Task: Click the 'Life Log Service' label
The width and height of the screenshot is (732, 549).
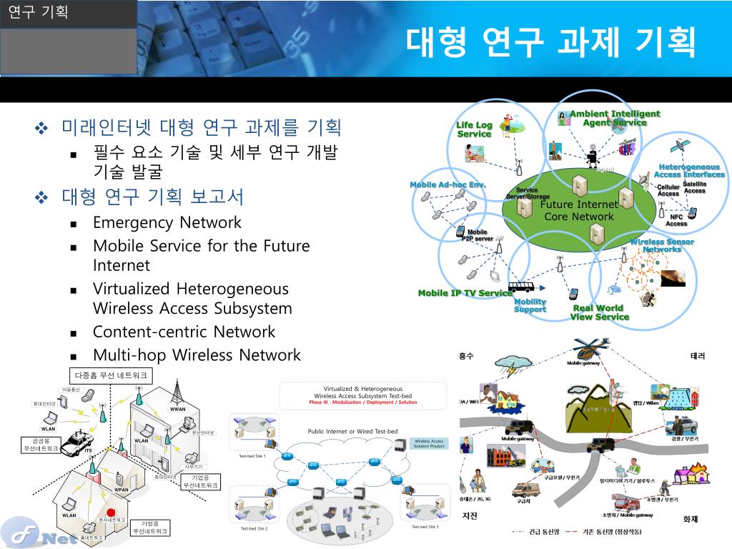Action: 475,129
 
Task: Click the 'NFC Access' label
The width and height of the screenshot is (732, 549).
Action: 676,220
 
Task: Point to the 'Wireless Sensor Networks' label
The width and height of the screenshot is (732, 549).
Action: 662,245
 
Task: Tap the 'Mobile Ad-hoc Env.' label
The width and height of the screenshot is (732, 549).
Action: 447,184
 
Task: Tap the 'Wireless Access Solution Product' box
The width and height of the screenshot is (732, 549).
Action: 429,444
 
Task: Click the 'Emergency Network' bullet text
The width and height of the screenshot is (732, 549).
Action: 167,222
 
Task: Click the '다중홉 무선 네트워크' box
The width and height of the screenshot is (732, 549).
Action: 110,375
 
